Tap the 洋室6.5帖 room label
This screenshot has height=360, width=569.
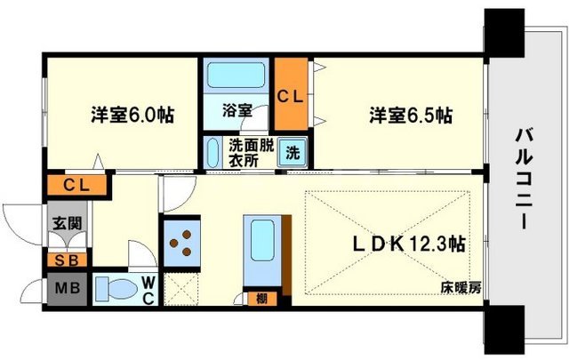point(411,116)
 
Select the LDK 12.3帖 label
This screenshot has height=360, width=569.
point(411,242)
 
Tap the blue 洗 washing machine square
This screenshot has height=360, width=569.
point(292,151)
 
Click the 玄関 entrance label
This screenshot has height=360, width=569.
point(61,222)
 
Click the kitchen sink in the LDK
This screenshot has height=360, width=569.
point(262,238)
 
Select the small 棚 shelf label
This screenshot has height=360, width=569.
point(261,299)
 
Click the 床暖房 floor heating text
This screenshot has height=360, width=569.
point(460,286)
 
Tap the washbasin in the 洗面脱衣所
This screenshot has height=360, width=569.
point(213,151)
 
